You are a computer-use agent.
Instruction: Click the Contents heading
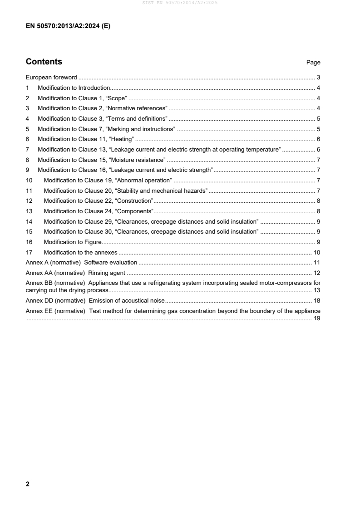pos(44,62)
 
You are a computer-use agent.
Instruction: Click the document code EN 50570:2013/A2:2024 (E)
pos(68,26)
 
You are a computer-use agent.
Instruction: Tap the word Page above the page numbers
pos(313,63)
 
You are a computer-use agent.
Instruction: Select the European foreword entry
pos(51,78)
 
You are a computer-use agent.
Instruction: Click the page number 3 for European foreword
pos(319,78)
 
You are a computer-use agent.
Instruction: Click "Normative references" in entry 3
pos(137,108)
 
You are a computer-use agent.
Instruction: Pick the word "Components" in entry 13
pos(134,211)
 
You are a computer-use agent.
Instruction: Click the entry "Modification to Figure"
pos(73,242)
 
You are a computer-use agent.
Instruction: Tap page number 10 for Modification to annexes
pos(317,252)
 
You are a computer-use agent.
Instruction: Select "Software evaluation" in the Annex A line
pos(111,263)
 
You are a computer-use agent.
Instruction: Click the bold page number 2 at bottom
pos(28,484)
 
